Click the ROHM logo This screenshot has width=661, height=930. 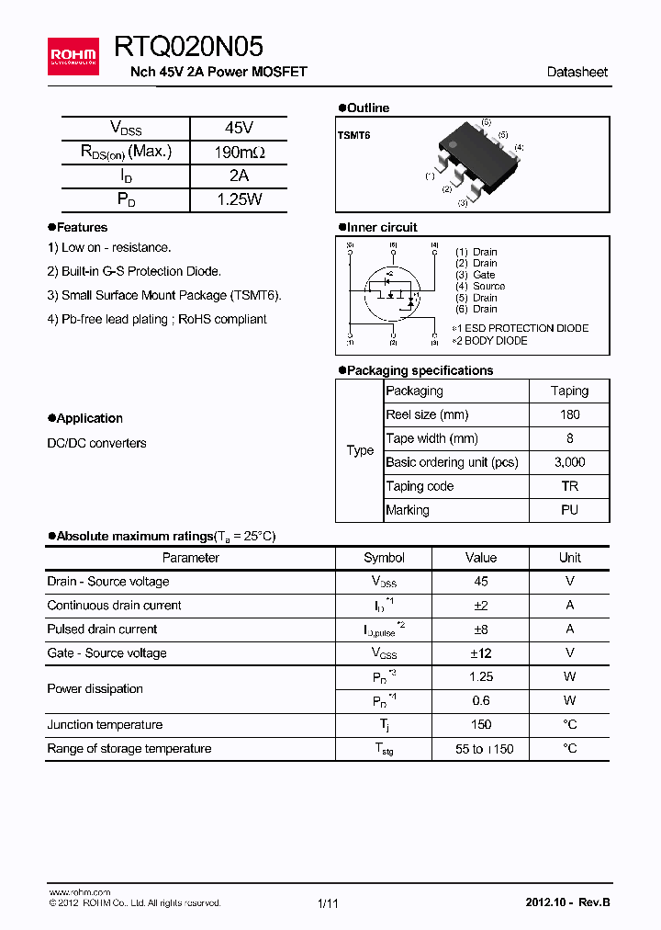pos(73,56)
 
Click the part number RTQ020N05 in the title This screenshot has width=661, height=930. pos(188,46)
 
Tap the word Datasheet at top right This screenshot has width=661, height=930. pos(577,72)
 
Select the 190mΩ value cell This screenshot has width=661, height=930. pos(238,152)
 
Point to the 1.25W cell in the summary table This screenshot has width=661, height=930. pos(238,198)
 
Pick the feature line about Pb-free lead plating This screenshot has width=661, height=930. pos(157,319)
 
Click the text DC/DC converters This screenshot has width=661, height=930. pos(96,443)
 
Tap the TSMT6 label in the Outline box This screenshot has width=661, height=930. pos(353,135)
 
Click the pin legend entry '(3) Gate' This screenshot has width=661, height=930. pos(476,275)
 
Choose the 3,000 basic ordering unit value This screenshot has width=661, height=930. pos(569,462)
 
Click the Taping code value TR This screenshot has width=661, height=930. pos(569,486)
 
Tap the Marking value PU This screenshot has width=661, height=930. pos(569,510)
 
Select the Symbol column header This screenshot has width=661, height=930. pos(384,558)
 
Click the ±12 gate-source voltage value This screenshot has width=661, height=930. pos(480,653)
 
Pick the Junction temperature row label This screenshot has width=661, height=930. pos(105,725)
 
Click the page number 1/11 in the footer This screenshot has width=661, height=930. pos(328,903)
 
